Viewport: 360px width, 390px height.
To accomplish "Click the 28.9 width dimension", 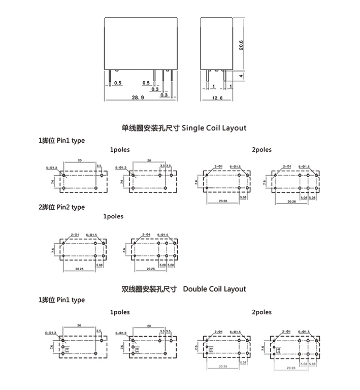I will click(138, 96).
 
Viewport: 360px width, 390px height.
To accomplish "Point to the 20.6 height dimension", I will click(241, 45).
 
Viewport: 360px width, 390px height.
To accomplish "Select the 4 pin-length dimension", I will click(241, 76).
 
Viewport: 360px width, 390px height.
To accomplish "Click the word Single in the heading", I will click(193, 128).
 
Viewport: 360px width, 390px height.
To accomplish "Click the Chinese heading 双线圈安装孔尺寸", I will click(150, 289).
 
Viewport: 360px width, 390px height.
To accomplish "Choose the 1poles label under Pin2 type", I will click(113, 216).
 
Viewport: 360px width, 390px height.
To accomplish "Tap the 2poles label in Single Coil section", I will click(261, 149).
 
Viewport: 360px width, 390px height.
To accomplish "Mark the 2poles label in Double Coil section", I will click(261, 312).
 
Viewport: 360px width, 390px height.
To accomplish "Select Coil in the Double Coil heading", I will click(214, 289).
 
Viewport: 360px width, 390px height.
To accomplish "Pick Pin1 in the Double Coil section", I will click(64, 300).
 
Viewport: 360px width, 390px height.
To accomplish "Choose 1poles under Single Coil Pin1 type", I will click(120, 150).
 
